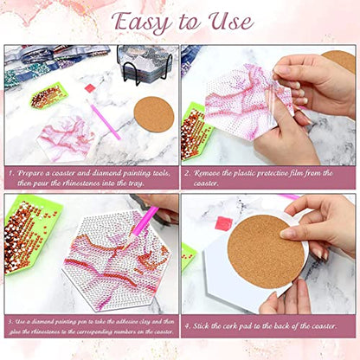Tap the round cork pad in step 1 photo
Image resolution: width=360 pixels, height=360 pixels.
point(154,114)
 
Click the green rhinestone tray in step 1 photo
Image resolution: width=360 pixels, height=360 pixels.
point(47,96)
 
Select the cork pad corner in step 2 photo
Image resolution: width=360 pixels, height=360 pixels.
point(338,61)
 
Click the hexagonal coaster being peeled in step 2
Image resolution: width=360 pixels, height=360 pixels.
point(234,112)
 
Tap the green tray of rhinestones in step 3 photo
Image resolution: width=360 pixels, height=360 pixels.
point(30,234)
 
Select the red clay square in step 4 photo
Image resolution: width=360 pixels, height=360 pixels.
point(223,223)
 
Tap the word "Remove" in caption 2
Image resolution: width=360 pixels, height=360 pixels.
point(214,173)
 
